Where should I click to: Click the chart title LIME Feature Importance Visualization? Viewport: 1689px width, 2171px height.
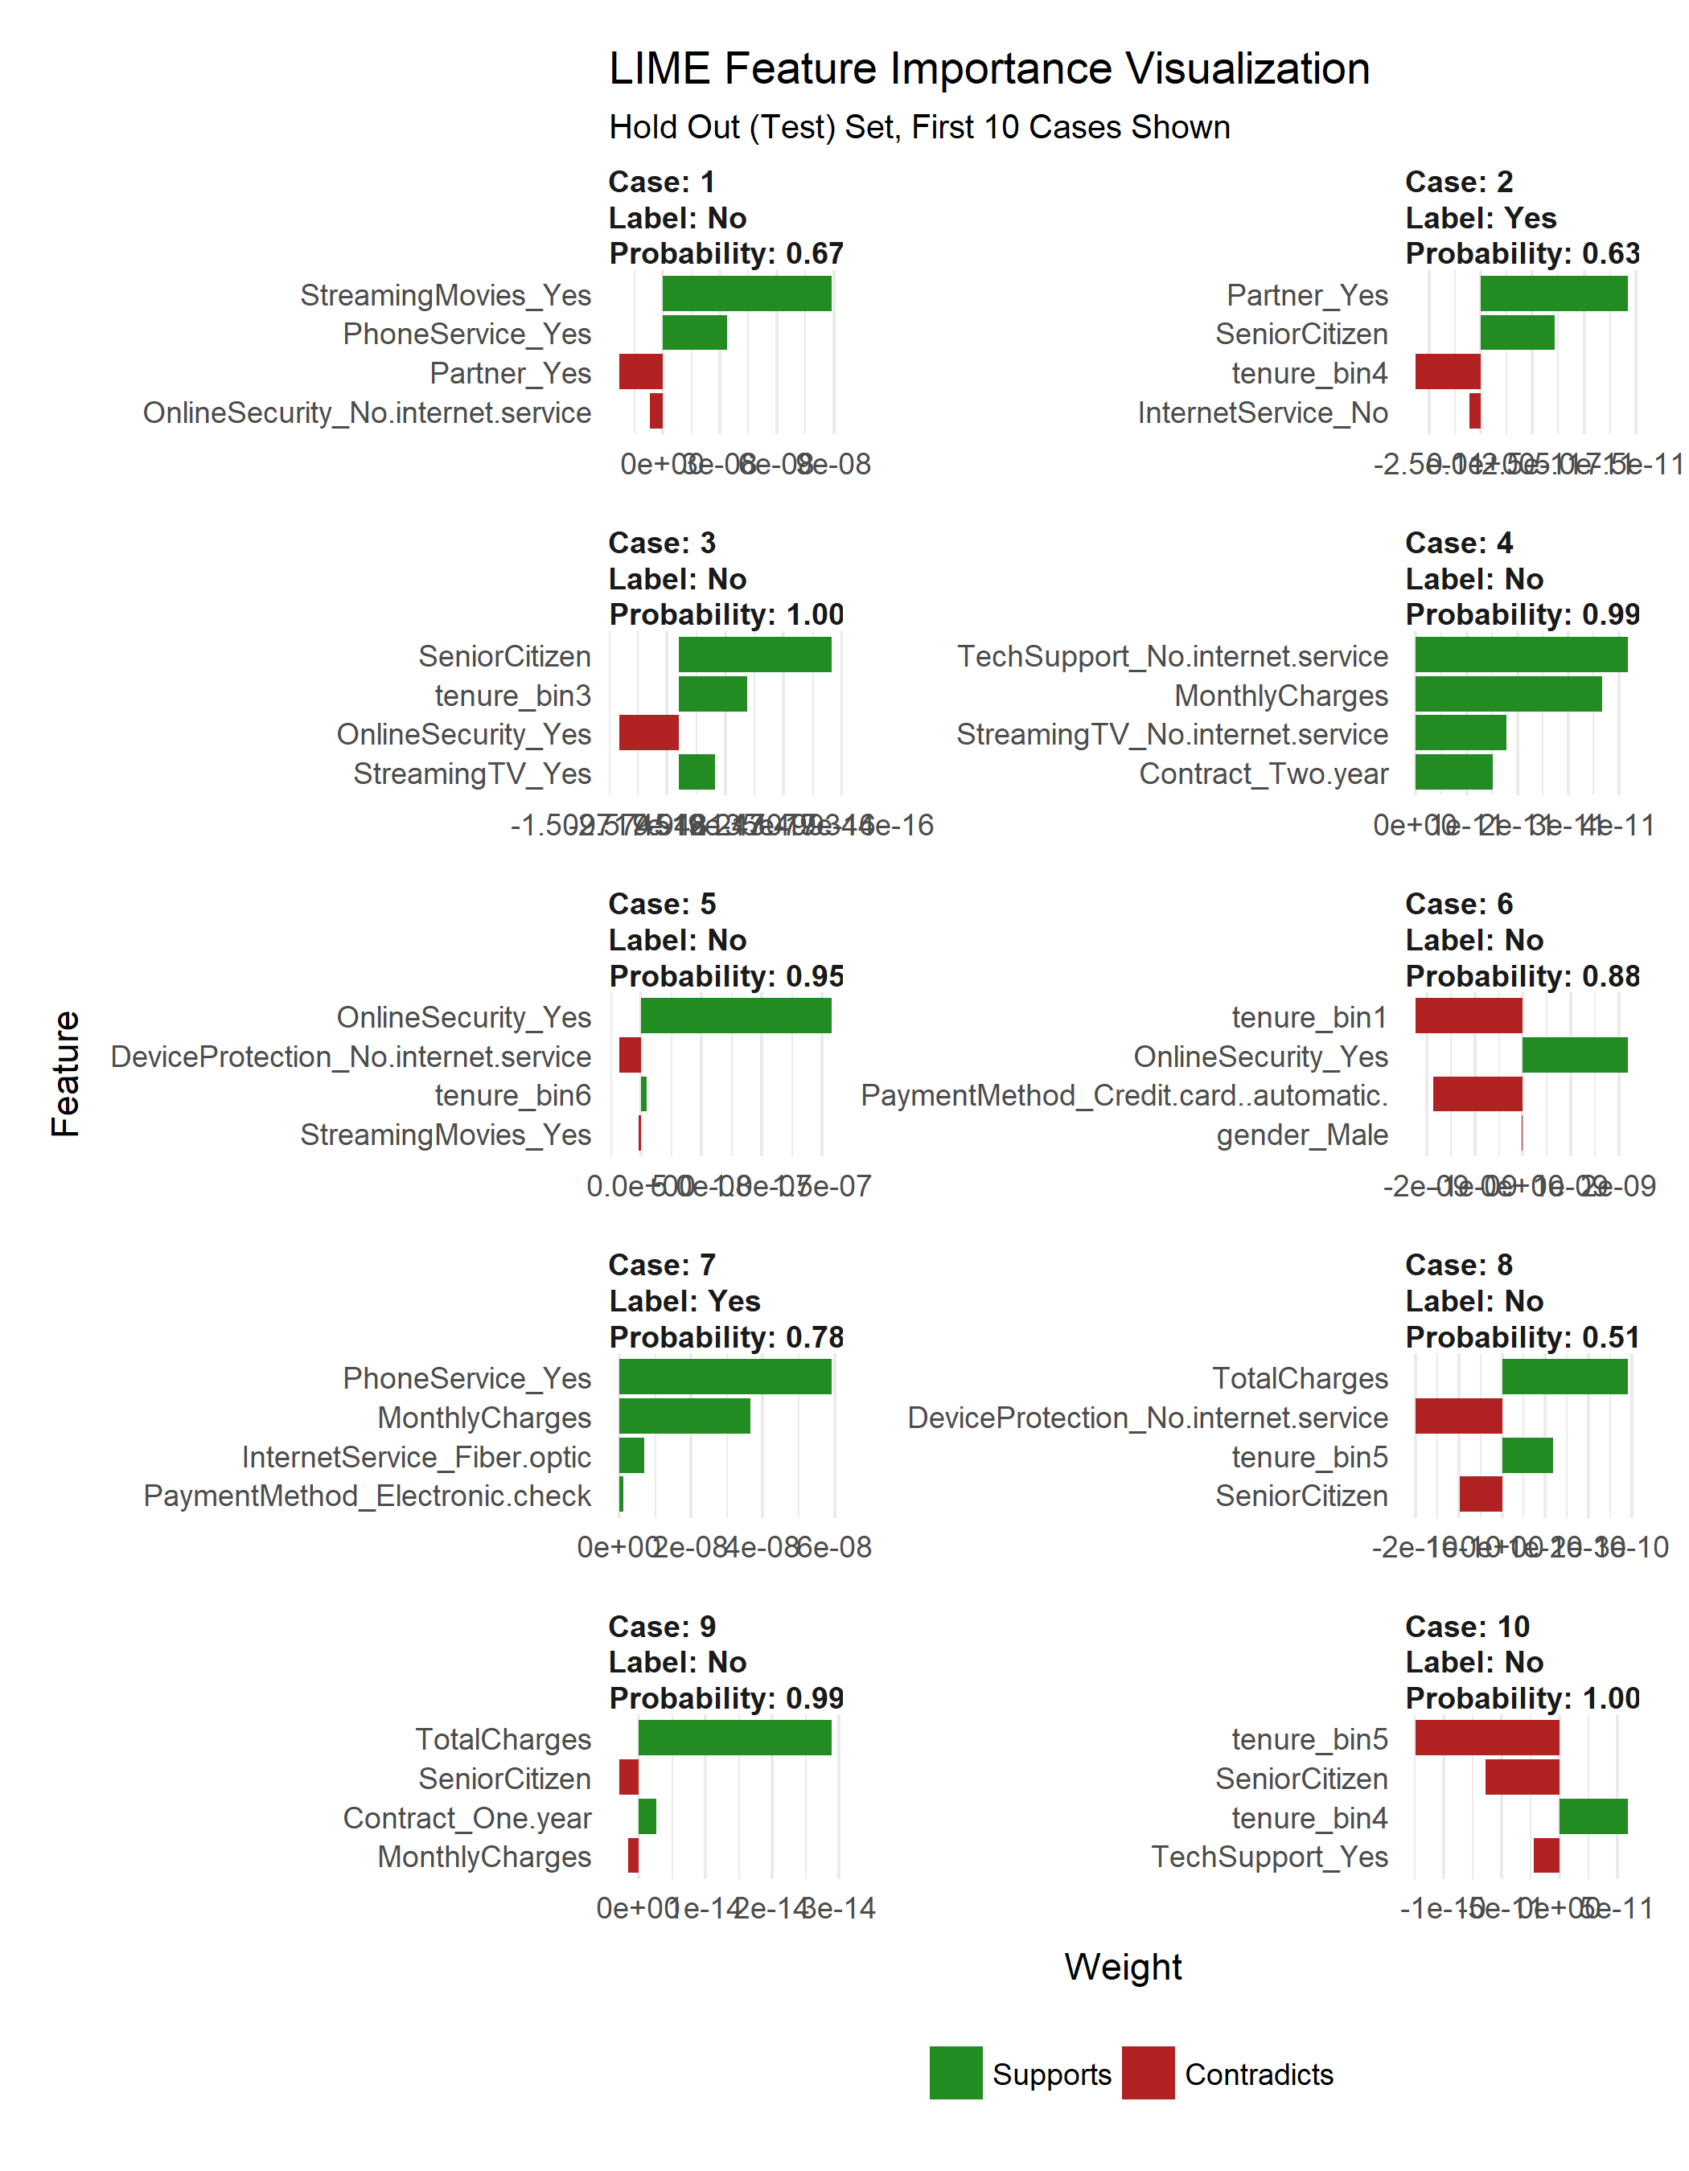coord(988,68)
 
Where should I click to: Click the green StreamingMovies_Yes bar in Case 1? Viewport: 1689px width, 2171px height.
coord(746,294)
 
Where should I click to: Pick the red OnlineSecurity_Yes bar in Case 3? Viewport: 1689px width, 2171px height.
coord(648,733)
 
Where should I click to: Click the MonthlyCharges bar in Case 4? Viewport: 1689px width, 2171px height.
coord(1507,694)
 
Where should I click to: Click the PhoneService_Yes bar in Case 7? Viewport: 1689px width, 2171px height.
coord(724,1377)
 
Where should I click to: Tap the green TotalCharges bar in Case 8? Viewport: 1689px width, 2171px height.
coord(1564,1377)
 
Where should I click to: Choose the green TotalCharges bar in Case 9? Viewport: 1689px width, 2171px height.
coord(734,1738)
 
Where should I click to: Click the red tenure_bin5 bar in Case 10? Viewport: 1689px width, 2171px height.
coord(1486,1738)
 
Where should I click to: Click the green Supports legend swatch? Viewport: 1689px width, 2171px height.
coord(955,2073)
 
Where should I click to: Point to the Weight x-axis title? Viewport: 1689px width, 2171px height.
coord(1122,1966)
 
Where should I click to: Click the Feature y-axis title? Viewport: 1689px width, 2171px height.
coord(66,1073)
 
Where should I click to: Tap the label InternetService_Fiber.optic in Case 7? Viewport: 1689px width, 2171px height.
coord(417,1456)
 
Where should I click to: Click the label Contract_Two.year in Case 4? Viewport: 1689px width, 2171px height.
coord(1263,774)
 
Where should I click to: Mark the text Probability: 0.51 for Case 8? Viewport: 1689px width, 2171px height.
coord(1522,1337)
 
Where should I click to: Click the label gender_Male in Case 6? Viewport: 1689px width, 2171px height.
coord(1301,1135)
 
